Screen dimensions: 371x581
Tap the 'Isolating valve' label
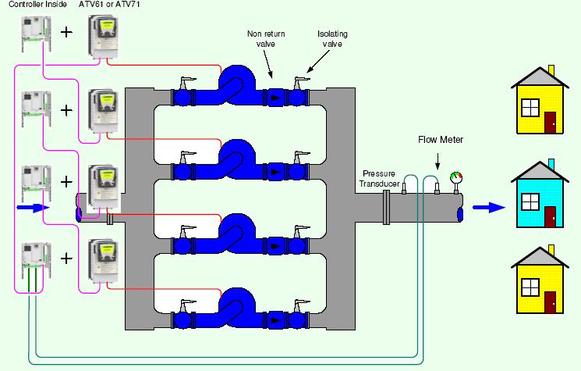pos(331,38)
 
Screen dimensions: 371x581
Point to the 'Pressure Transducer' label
pos(381,177)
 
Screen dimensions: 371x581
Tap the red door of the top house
pos(551,122)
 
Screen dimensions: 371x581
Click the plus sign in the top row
pos(67,34)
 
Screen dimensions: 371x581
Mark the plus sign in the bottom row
pos(67,258)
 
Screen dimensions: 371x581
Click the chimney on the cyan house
pos(551,163)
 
